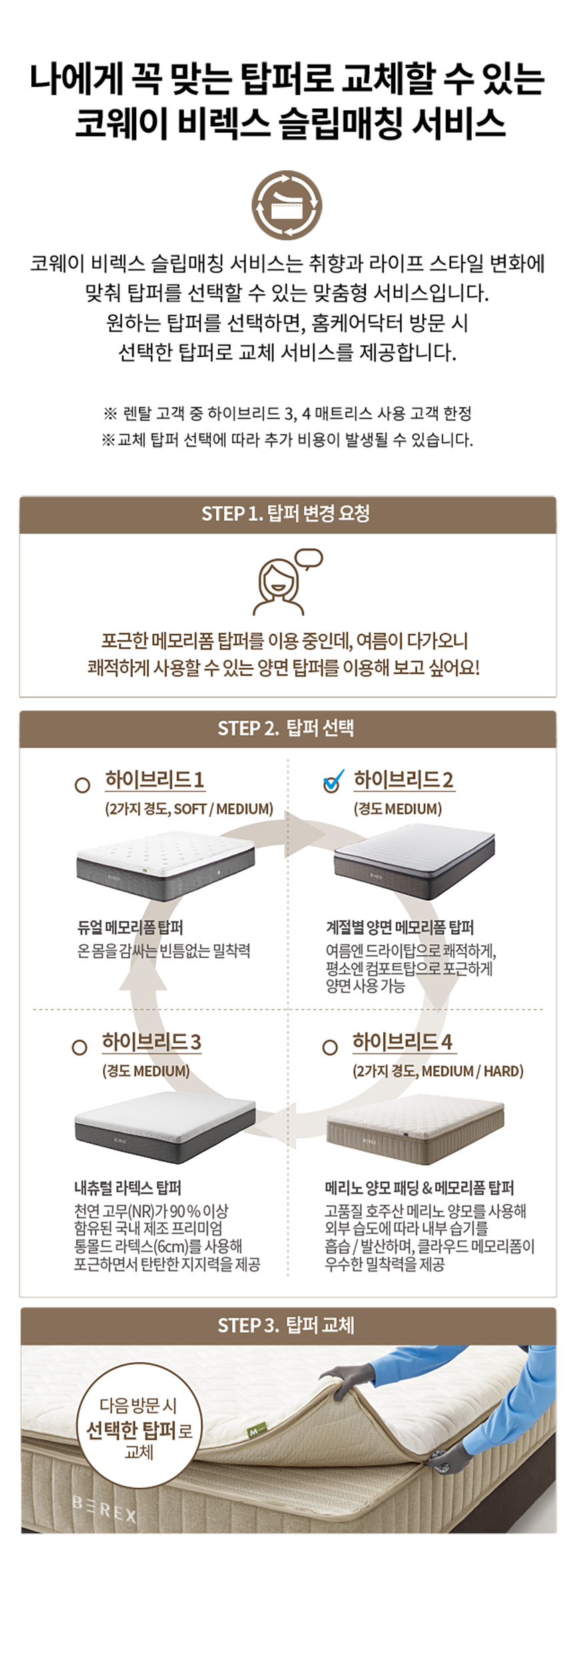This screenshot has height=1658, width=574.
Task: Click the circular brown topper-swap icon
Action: click(x=287, y=204)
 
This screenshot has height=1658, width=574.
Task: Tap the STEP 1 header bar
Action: click(x=288, y=514)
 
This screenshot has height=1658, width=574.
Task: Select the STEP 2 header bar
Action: click(x=288, y=729)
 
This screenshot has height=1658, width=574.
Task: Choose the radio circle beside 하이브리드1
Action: click(x=82, y=785)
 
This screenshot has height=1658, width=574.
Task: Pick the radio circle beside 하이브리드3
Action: click(x=79, y=1047)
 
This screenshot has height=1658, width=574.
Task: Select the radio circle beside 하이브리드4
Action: click(x=330, y=1047)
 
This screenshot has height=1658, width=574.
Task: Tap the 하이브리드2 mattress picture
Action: click(x=414, y=861)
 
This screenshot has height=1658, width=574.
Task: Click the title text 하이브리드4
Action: click(x=402, y=1042)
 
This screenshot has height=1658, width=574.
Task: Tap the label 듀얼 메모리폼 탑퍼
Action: click(x=130, y=927)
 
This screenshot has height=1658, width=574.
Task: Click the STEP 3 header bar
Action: click(x=288, y=1325)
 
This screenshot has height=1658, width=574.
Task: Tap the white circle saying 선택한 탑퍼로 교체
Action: click(x=139, y=1429)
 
